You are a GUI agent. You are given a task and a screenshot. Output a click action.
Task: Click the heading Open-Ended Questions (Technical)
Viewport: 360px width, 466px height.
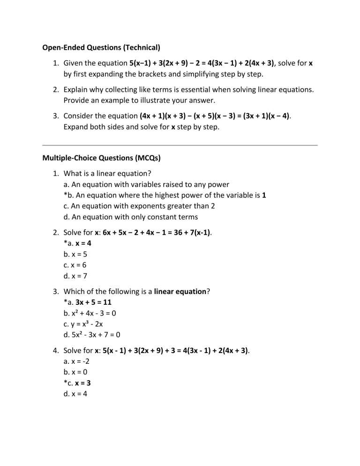pyautogui.click(x=101, y=47)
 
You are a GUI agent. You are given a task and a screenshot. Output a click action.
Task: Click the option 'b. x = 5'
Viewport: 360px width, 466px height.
pyautogui.click(x=75, y=255)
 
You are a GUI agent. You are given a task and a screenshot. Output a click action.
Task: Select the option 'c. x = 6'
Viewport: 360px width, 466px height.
pyautogui.click(x=75, y=265)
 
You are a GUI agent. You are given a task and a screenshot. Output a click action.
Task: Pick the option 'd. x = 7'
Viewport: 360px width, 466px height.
pyautogui.click(x=75, y=276)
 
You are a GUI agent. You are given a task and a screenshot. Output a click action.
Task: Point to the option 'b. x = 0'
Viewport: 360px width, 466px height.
pyautogui.click(x=75, y=372)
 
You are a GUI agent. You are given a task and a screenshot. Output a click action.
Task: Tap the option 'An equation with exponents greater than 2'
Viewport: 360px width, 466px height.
pyautogui.click(x=139, y=206)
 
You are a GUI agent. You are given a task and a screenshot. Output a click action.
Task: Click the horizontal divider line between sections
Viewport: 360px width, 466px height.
pyautogui.click(x=180, y=145)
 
